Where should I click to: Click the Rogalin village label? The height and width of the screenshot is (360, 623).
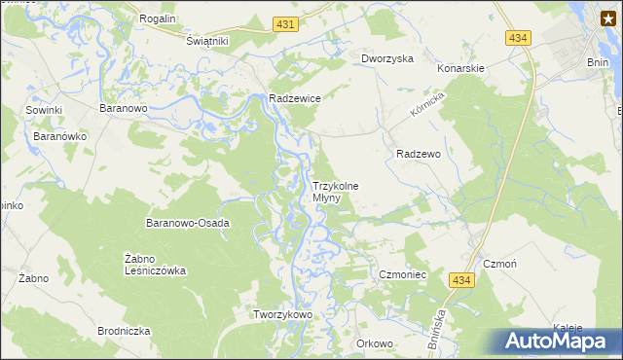click(x=157, y=18)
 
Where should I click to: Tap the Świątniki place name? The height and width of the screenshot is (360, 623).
click(x=206, y=41)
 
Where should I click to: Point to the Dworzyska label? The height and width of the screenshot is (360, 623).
click(x=387, y=58)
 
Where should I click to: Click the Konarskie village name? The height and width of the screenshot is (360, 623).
click(x=460, y=69)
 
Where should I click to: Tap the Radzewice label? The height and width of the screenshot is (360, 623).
click(x=295, y=98)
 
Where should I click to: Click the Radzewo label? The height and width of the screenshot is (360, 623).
click(x=420, y=154)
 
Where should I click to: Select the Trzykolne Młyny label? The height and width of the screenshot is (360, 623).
click(x=336, y=192)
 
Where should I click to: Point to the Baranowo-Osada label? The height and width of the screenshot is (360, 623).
click(x=188, y=223)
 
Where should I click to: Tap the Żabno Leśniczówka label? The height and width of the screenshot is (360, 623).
click(x=156, y=265)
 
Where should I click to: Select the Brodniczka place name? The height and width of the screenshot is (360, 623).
click(x=124, y=331)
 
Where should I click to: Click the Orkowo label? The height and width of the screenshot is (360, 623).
click(x=375, y=343)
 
